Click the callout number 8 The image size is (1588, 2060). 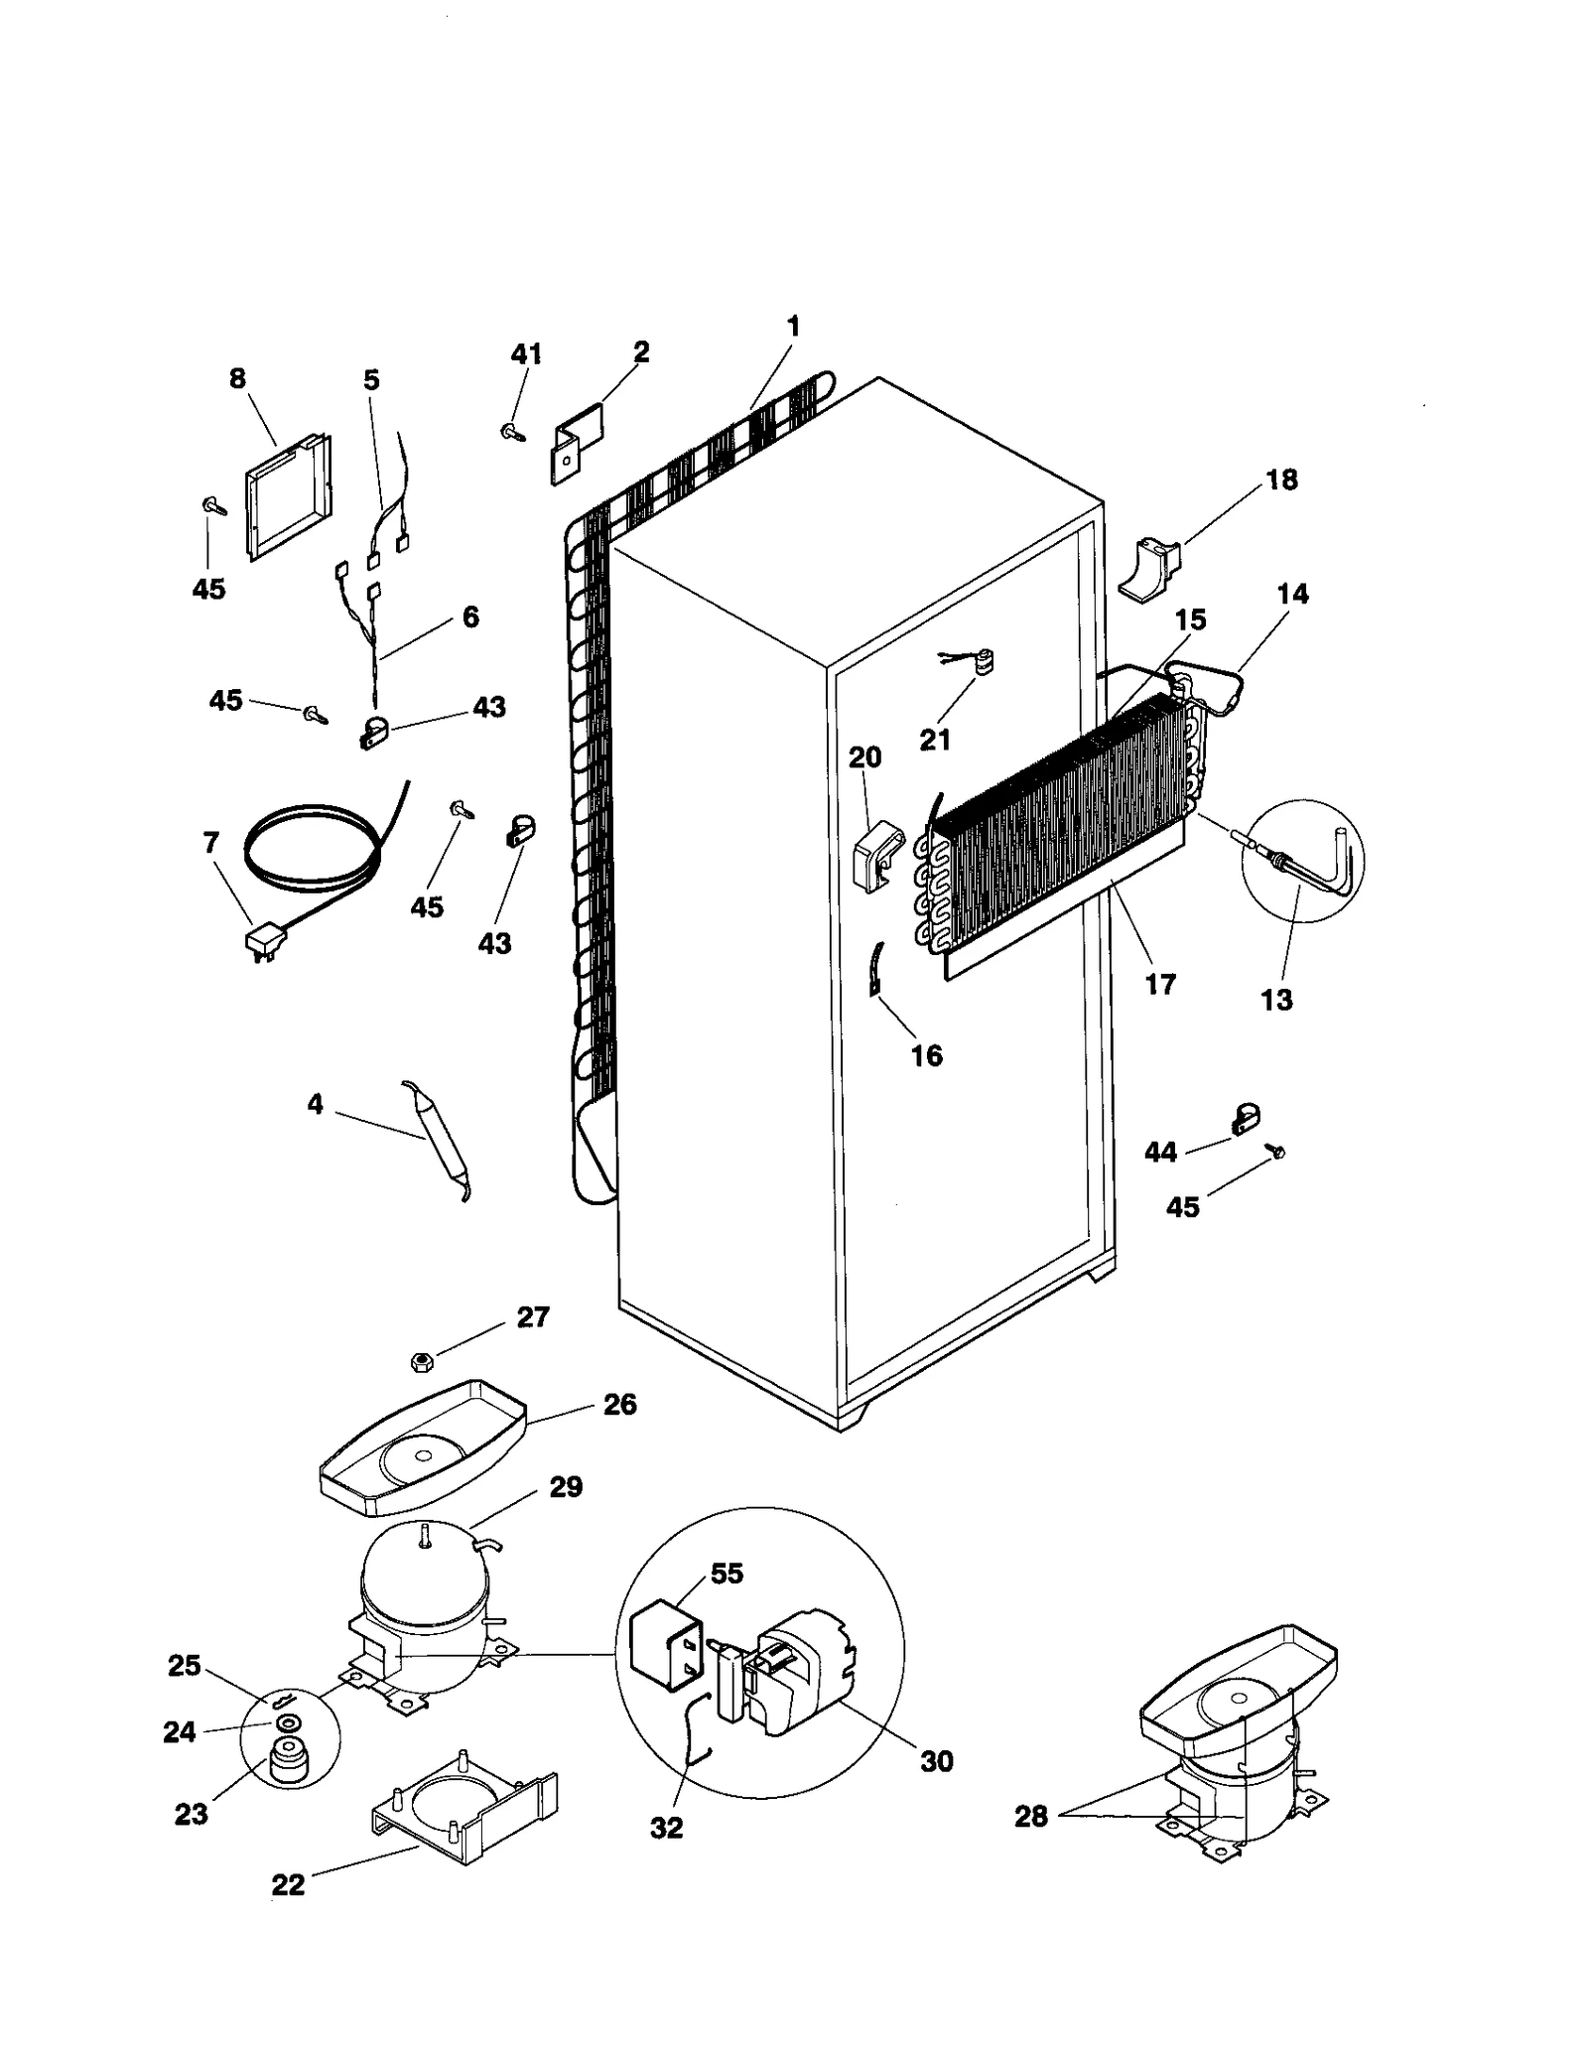pos(237,379)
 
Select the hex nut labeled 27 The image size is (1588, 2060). pos(420,1362)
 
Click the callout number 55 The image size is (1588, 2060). pos(727,1575)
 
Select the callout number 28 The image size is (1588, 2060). pos(1031,1817)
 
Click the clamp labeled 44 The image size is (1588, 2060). pos(1244,1119)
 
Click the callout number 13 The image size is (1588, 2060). pos(1276,1000)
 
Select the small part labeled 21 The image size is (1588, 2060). pos(983,661)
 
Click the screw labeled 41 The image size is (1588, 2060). pos(512,432)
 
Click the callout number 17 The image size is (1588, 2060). pos(1160,984)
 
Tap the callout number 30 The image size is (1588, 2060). pos(936,1761)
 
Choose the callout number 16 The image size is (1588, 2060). pos(926,1055)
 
